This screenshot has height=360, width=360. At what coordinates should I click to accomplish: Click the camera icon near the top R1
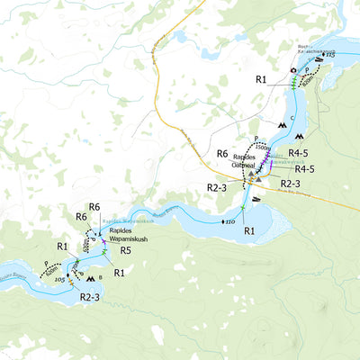pyautogui.click(x=292, y=70)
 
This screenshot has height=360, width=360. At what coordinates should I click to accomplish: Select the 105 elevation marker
pyautogui.click(x=59, y=280)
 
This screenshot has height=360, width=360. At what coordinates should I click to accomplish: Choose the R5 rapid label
pyautogui.click(x=126, y=250)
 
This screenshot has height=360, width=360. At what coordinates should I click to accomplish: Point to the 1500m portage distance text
pyautogui.click(x=262, y=147)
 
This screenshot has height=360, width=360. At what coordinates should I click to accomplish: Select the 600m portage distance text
pyautogui.click(x=52, y=266)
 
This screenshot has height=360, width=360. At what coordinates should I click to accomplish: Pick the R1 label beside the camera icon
pyautogui.click(x=261, y=80)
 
